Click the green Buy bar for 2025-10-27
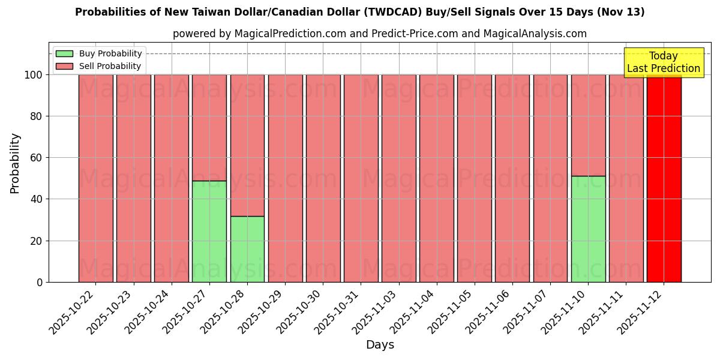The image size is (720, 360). (x=209, y=231)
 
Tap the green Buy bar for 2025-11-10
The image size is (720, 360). (x=588, y=229)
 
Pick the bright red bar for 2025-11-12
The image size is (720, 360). (x=664, y=178)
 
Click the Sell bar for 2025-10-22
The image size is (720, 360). (x=95, y=178)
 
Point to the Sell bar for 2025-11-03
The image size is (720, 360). (x=398, y=178)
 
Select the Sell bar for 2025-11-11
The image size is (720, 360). (x=626, y=178)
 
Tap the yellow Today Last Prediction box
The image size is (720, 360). (x=663, y=62)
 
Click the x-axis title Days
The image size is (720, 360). (x=380, y=345)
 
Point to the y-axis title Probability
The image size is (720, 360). (x=16, y=163)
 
